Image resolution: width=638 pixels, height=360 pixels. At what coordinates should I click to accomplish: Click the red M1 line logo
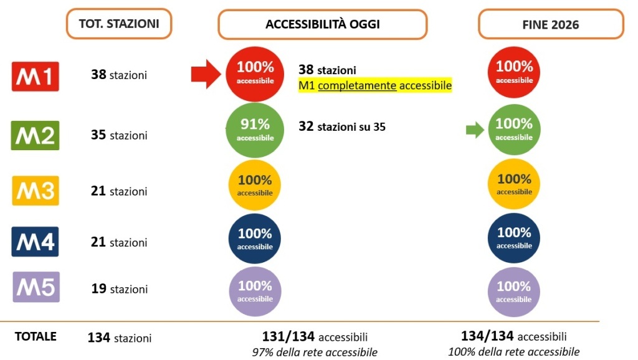36,77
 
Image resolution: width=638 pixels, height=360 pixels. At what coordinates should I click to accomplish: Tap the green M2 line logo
35,135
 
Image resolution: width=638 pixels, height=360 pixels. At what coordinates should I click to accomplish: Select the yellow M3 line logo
36,191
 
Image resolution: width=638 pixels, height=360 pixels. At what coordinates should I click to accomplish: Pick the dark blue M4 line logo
35,242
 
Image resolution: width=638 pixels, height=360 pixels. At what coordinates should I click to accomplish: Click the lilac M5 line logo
36,287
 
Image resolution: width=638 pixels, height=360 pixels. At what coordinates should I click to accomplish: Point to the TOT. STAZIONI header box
119,24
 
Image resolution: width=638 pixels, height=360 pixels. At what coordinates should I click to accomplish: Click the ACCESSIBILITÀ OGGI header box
322,24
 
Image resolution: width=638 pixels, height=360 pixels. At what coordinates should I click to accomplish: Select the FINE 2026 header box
551,24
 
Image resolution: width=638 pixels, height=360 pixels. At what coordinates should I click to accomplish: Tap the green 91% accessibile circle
255,130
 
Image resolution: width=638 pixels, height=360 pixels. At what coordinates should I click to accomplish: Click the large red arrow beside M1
206,74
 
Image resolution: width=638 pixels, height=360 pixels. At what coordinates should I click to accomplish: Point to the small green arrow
475,130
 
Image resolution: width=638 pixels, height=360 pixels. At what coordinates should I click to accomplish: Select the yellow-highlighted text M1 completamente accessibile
374,85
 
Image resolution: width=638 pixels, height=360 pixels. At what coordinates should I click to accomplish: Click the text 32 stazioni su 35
342,126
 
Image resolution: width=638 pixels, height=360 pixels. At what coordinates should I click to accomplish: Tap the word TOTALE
36,336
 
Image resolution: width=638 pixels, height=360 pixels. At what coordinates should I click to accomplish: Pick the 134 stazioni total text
120,338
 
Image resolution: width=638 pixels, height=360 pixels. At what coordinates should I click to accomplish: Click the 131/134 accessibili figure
315,337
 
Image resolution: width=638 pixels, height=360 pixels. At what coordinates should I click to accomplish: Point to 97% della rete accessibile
315,351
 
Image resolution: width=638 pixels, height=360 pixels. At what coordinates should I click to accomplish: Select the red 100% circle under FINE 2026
514,72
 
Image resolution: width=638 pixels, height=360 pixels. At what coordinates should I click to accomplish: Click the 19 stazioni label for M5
119,289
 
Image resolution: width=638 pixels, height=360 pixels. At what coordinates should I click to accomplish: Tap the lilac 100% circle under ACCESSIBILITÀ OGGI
255,291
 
